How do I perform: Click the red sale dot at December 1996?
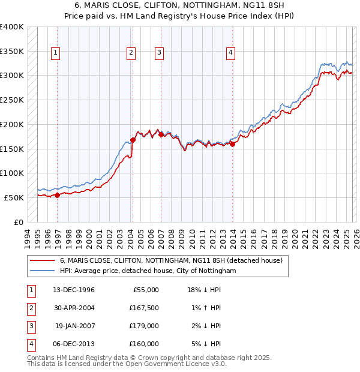point(58,195)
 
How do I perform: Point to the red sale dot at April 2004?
point(133,140)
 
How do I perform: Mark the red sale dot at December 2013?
point(232,144)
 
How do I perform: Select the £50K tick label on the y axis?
point(14,197)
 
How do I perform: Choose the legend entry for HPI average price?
point(148,271)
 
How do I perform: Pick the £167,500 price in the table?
point(143,308)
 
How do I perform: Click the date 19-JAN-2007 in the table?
point(74,326)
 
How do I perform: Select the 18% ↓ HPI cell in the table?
point(205,290)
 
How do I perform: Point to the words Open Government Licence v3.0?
point(181,364)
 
